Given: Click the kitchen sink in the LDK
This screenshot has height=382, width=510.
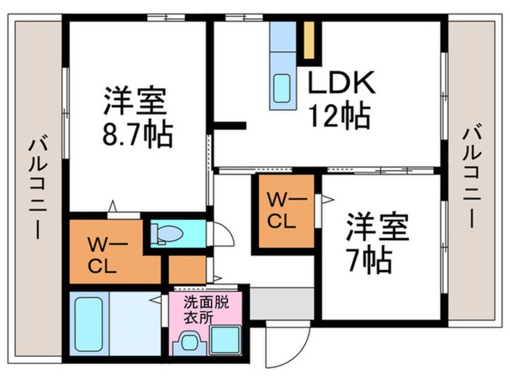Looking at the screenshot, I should [282, 88].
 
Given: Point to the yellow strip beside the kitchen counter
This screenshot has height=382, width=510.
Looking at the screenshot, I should [310, 40].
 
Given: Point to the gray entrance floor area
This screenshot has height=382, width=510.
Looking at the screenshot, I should [281, 303].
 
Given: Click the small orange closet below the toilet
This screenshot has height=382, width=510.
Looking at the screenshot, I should [186, 269].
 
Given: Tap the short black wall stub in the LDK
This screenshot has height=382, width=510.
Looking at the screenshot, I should [231, 125].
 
